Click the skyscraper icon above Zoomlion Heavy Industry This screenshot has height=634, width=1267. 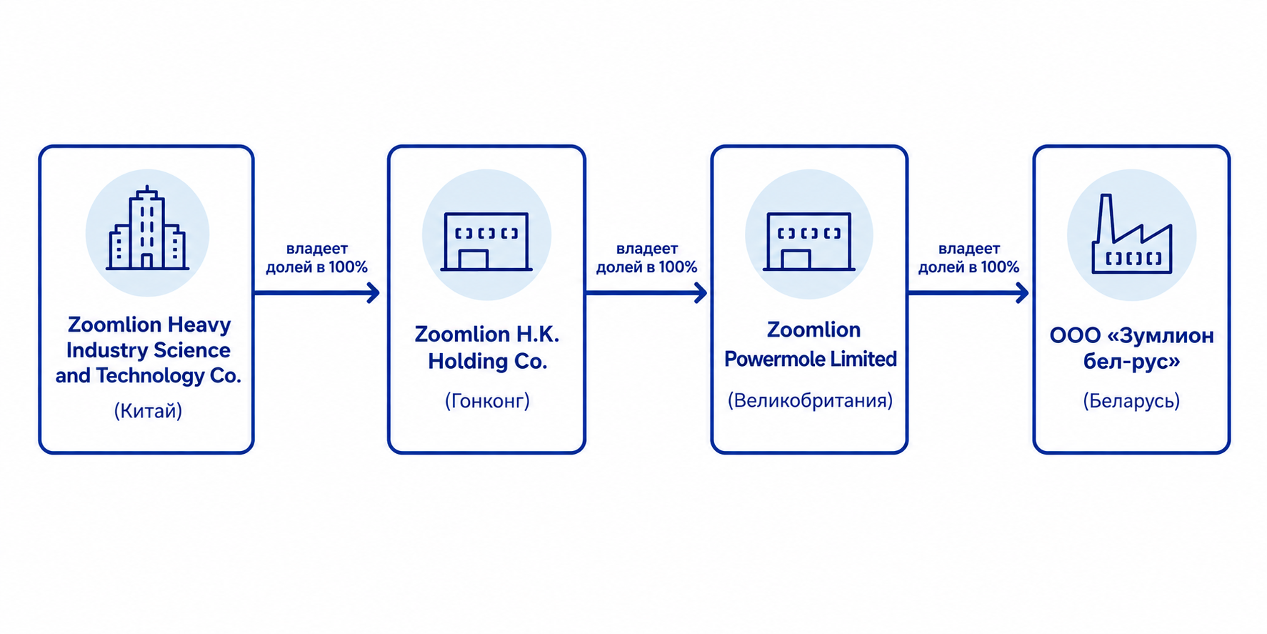[147, 228]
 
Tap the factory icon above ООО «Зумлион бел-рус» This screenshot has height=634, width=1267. [1132, 234]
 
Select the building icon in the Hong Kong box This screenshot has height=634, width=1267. [486, 242]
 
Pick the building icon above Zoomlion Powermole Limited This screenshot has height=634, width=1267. [808, 242]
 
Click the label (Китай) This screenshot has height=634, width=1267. [148, 411]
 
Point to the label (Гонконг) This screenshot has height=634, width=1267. [487, 401]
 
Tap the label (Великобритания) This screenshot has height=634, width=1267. [810, 400]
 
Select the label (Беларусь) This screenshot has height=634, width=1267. [1131, 401]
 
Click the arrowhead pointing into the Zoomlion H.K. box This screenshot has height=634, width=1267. [374, 292]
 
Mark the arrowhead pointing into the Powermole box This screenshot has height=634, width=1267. [701, 292]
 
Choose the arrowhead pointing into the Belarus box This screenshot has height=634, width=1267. [1022, 292]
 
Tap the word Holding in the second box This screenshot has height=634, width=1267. [468, 362]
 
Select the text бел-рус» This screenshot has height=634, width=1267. [1131, 362]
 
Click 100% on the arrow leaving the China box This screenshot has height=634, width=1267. [348, 267]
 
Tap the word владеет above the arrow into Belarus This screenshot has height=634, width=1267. [968, 249]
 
